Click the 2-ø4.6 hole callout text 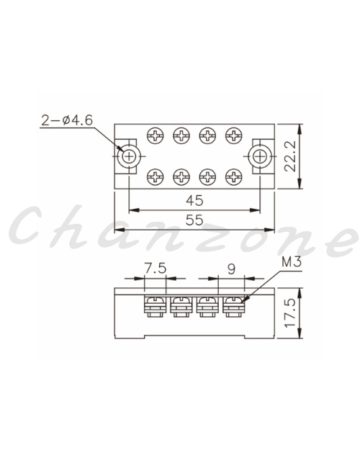point(67,120)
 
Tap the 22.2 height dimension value point(290,156)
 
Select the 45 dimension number point(194,200)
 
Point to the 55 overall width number point(194,220)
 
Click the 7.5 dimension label point(155,269)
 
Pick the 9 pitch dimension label point(231,269)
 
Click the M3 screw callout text point(292,262)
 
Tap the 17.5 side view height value point(290,312)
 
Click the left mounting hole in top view point(129,156)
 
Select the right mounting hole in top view point(260,156)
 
